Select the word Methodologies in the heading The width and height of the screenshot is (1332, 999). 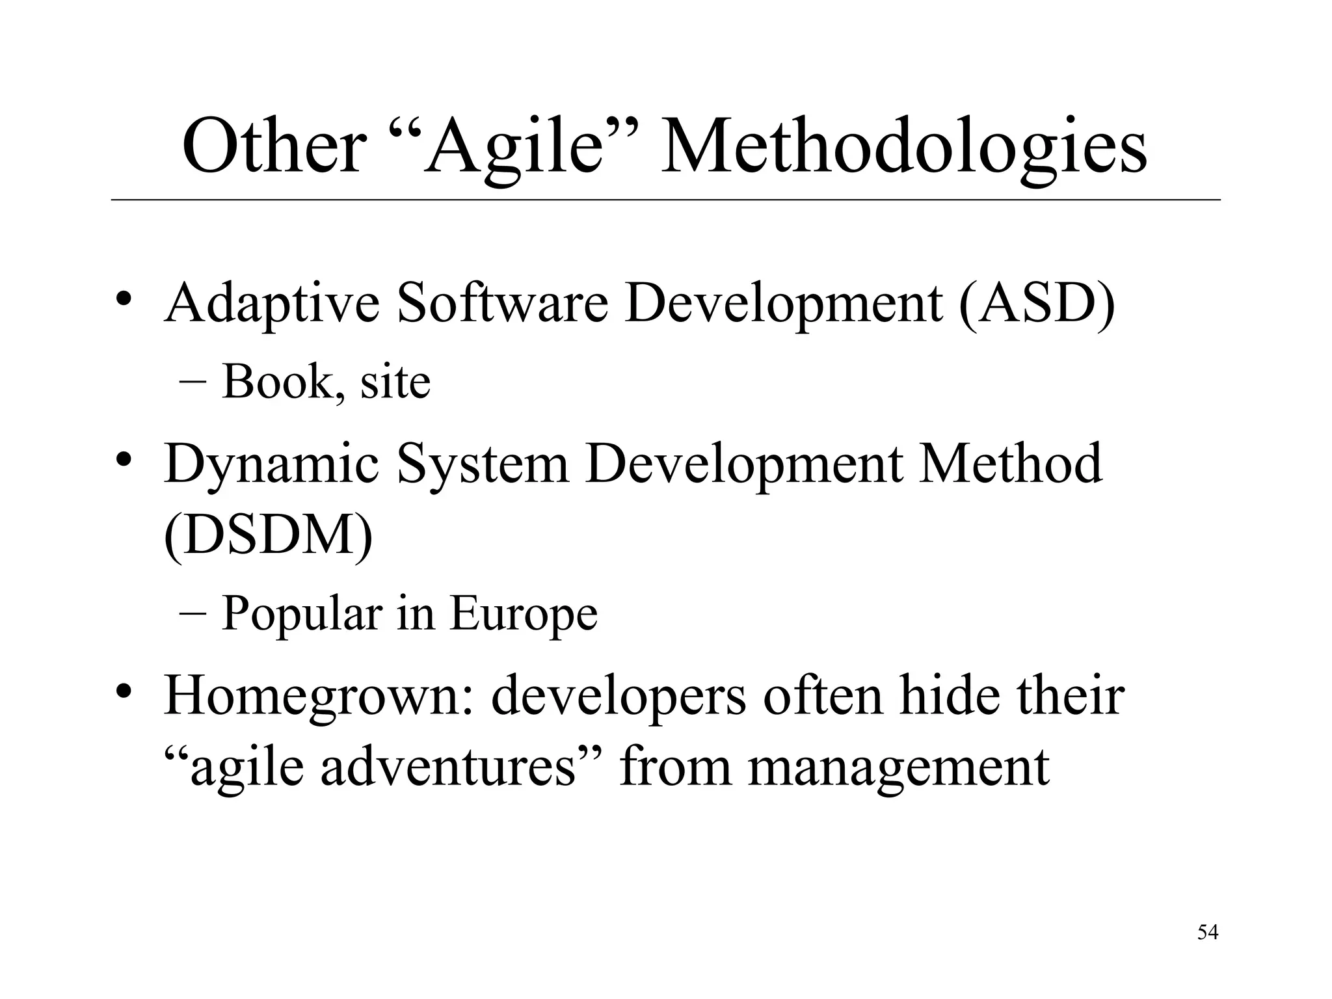pyautogui.click(x=903, y=148)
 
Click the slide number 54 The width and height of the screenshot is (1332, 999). pyautogui.click(x=1208, y=933)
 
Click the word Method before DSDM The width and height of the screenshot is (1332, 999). pyautogui.click(x=1010, y=463)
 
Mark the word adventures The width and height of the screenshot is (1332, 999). pyautogui.click(x=449, y=767)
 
